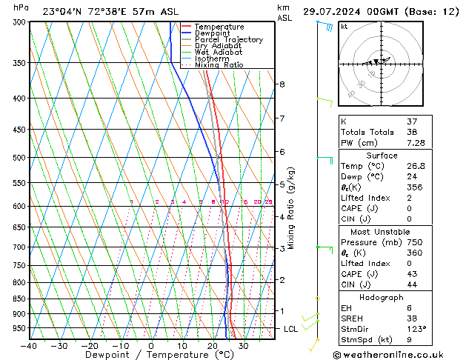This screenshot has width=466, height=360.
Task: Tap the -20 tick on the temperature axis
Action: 90,346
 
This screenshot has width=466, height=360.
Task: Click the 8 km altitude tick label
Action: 282,84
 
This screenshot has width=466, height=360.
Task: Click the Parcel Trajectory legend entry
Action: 228,39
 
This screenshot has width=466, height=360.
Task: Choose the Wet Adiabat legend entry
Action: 220,52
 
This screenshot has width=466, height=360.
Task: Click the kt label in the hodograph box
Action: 344,26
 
